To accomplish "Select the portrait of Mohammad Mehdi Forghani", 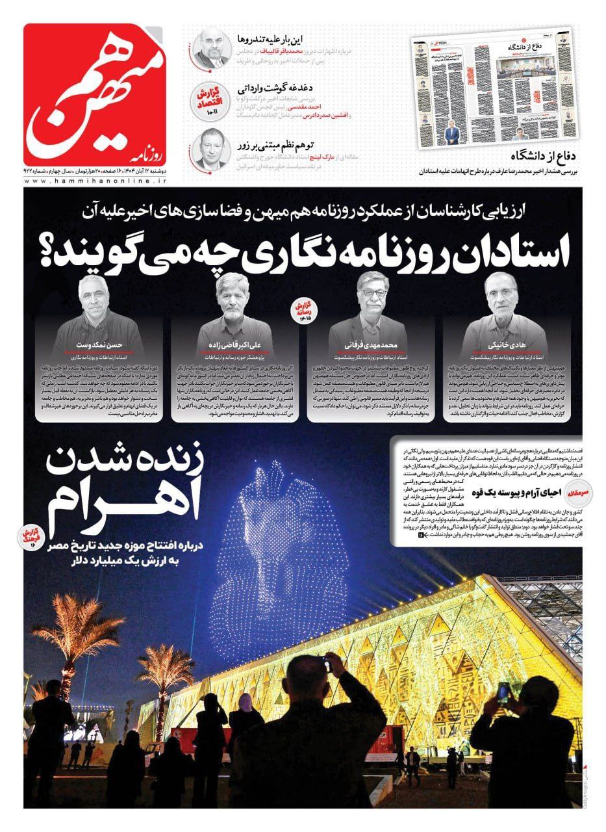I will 378,299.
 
